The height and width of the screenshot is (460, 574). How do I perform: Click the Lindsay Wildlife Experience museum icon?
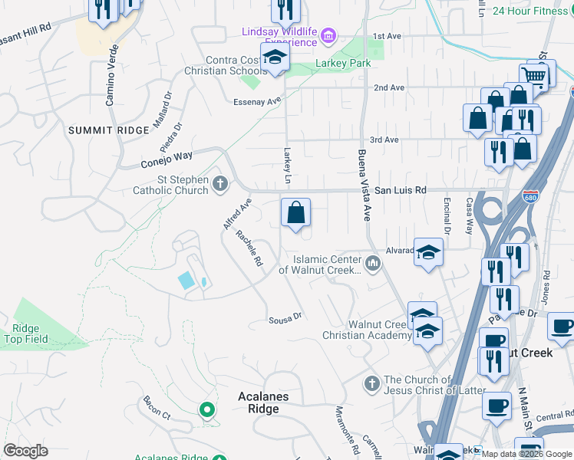pos(329,34)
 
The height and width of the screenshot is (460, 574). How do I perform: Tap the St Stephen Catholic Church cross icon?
pos(220,182)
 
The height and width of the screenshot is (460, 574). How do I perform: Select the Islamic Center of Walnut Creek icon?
pos(374,264)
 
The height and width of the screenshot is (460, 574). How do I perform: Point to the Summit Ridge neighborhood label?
pos(108,130)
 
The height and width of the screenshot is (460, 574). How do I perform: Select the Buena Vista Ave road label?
pos(365,185)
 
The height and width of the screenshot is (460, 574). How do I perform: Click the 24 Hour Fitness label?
pos(530,11)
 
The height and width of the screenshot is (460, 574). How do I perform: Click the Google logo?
pos(26,451)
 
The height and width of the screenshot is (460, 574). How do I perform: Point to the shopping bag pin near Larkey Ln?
pos(295,212)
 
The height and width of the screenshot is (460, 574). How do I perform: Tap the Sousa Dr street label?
pos(285,317)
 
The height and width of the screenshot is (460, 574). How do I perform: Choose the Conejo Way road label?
pos(167,159)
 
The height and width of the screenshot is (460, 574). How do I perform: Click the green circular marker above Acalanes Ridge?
pos(206,410)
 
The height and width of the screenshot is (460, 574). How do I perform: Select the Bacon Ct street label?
pos(156,408)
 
